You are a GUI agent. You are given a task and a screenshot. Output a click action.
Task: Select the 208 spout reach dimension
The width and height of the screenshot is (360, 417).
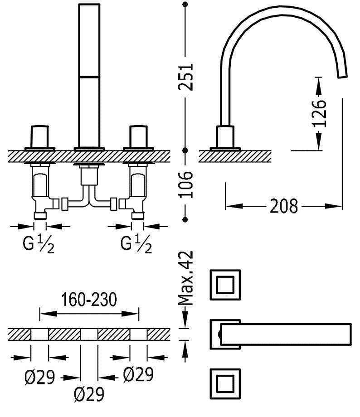pyautogui.click(x=284, y=206)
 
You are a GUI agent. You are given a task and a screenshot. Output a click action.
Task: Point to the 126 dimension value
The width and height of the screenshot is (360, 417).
pyautogui.click(x=319, y=113)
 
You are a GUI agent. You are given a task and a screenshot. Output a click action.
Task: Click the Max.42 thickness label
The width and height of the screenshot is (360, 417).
pyautogui.click(x=186, y=278)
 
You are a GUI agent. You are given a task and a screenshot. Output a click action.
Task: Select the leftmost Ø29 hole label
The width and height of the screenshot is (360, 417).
pyautogui.click(x=40, y=376)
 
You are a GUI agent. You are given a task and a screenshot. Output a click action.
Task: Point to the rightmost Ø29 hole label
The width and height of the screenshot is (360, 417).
pyautogui.click(x=138, y=374)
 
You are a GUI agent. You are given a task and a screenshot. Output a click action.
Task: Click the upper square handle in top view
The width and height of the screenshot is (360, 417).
pyautogui.click(x=225, y=285)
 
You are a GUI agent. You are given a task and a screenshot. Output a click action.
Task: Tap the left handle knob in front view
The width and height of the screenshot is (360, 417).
pyautogui.click(x=39, y=135)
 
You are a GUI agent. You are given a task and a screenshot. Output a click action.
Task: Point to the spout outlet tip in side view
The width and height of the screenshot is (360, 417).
pyautogui.click(x=343, y=74)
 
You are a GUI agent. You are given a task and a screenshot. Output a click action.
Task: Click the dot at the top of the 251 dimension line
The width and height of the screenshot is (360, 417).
pyautogui.click(x=185, y=5)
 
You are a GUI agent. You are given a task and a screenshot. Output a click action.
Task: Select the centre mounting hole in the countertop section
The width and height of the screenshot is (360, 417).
pyautogui.click(x=89, y=335)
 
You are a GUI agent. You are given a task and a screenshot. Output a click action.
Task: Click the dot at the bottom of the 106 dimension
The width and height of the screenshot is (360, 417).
pyautogui.click(x=185, y=219)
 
